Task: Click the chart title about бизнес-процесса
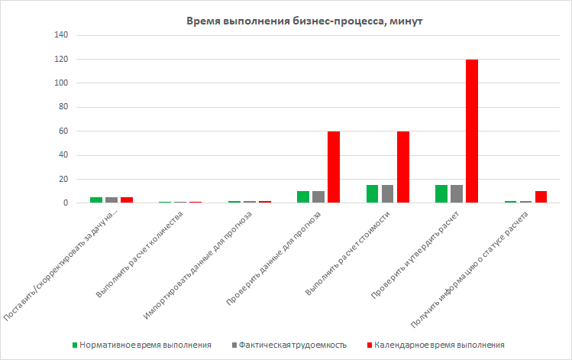pyautogui.click(x=304, y=21)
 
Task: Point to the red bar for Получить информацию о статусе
pyautogui.click(x=541, y=197)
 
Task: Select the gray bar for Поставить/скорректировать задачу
pyautogui.click(x=111, y=200)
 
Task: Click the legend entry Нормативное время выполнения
pyautogui.click(x=144, y=345)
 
